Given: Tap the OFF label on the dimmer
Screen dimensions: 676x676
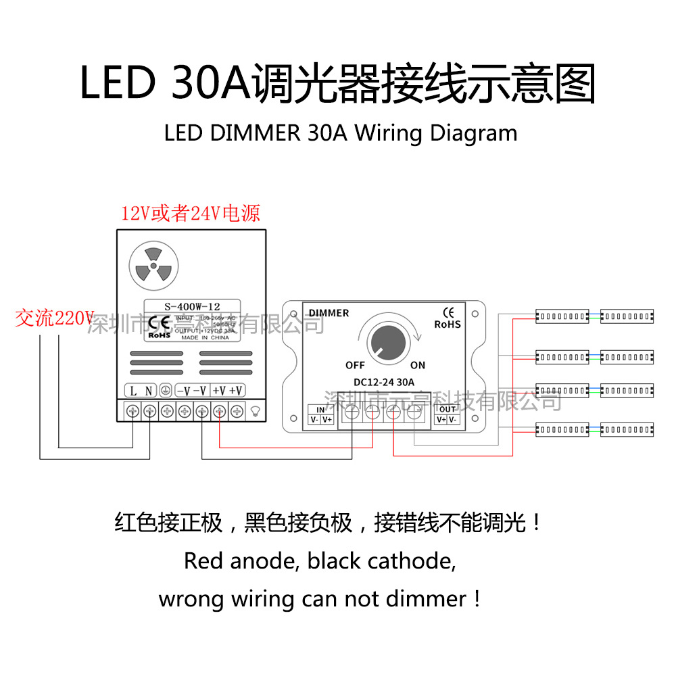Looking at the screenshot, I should (x=355, y=365).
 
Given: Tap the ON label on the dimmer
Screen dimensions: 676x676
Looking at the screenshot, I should (x=418, y=365).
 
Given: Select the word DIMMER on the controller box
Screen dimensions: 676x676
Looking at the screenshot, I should (x=329, y=313).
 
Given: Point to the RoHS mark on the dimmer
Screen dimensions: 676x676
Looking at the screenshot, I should (x=447, y=324).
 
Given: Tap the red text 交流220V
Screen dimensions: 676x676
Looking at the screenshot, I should (x=54, y=318).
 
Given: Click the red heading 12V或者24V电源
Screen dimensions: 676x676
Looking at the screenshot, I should (x=190, y=214).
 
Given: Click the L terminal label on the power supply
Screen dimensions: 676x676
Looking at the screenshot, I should (x=133, y=390).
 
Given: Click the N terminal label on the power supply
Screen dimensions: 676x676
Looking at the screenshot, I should (x=149, y=390).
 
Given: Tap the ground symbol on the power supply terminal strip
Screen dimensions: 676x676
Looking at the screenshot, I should (x=165, y=390).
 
